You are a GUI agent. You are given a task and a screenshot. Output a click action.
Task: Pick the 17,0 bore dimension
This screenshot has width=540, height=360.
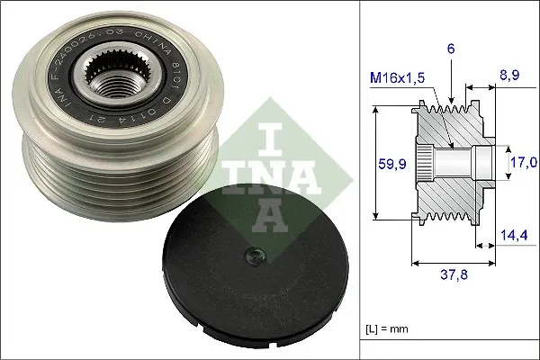tap(524, 163)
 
